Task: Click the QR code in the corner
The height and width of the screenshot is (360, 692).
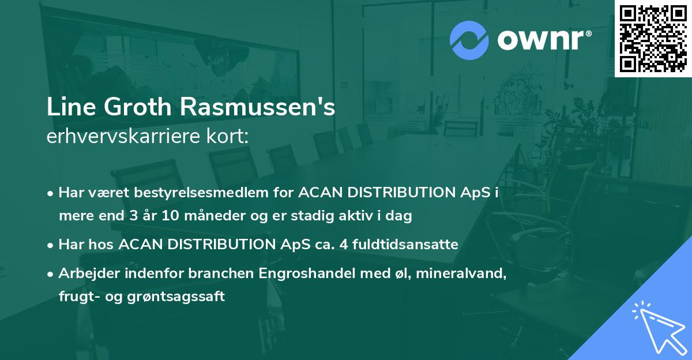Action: click(653, 38)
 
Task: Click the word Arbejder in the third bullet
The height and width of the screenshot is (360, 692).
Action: click(84, 273)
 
